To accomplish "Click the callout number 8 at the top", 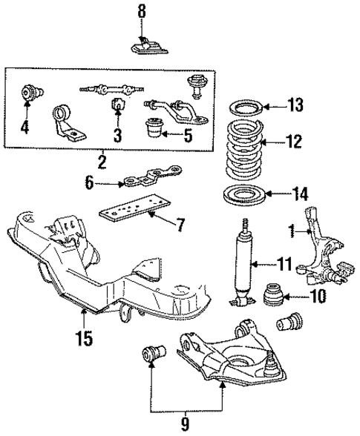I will click(143, 12).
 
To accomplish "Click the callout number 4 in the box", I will click(24, 128).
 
